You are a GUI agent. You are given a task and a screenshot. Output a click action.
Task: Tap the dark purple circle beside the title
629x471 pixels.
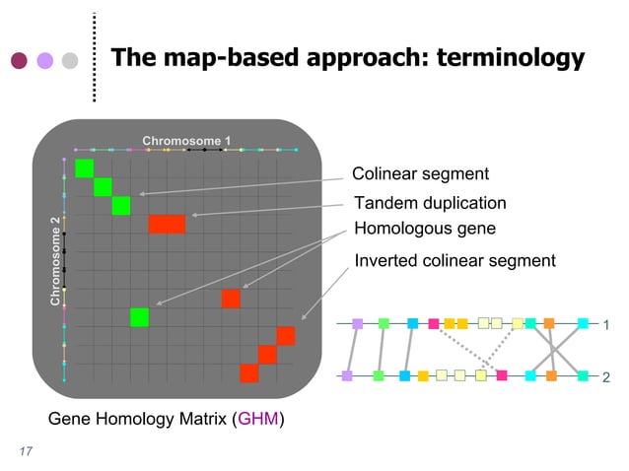[19, 61]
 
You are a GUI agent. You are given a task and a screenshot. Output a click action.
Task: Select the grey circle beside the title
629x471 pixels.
[70, 61]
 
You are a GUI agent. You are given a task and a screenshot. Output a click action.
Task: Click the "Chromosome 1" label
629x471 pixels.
[186, 141]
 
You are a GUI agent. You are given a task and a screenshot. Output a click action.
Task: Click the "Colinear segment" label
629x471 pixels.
[420, 174]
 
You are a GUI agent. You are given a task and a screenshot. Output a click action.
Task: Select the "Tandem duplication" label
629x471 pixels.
[430, 203]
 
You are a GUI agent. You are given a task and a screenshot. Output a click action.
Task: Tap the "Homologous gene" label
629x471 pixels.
[424, 229]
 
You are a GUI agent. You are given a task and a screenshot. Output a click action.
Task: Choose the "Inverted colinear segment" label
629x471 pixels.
[454, 260]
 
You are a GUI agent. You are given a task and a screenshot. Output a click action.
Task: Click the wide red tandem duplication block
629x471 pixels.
[168, 224]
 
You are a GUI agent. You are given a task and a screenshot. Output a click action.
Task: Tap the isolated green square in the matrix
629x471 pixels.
[139, 317]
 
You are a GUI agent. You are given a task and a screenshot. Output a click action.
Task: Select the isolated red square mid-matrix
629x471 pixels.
[231, 299]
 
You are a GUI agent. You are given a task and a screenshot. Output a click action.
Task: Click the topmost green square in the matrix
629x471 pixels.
[84, 168]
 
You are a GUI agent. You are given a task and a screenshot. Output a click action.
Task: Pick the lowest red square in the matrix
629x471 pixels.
[249, 372]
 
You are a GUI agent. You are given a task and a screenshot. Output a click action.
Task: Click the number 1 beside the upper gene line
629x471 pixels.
[606, 324]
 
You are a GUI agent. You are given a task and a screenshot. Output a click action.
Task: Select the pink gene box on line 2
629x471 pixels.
[502, 375]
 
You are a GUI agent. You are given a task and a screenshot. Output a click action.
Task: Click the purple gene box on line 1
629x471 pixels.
[358, 323]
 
